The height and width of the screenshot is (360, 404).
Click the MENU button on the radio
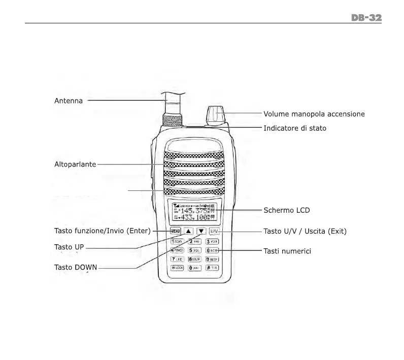pyautogui.click(x=176, y=232)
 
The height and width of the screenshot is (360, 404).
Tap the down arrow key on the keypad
pyautogui.click(x=201, y=232)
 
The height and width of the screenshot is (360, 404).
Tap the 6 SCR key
pyautogui.click(x=212, y=250)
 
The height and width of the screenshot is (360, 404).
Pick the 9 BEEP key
pyautogui.click(x=212, y=259)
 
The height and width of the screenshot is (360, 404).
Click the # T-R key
pyautogui.click(x=212, y=268)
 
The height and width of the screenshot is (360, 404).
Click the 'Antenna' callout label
pyautogui.click(x=69, y=101)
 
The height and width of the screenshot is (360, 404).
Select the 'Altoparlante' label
pyautogui.click(x=75, y=165)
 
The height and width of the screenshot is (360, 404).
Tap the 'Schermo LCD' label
pyautogui.click(x=286, y=210)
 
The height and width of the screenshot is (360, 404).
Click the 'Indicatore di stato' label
pyautogui.click(x=295, y=128)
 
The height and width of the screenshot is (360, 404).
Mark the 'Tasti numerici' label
pyautogui.click(x=287, y=251)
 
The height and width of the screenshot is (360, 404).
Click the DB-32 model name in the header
pyautogui.click(x=366, y=18)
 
